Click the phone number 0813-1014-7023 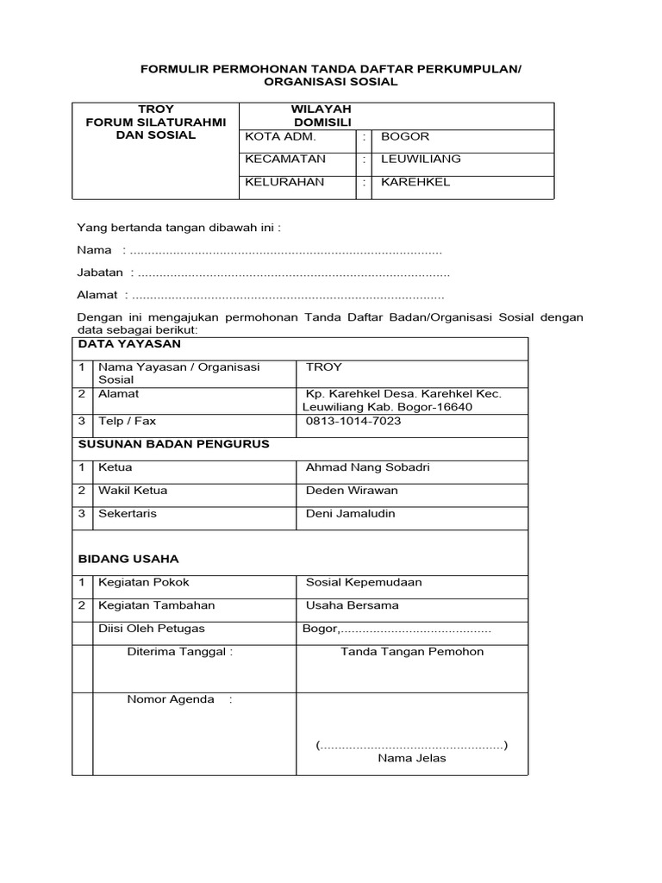pos(353,422)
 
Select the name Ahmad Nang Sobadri pos(367,467)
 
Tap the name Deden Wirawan pos(352,491)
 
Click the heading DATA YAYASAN pos(129,344)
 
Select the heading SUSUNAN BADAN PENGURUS pos(174,444)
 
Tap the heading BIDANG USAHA pos(128,559)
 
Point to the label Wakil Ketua pos(133,491)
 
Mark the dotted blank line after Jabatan pos(293,273)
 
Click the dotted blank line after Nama pos(284,251)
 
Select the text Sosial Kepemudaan pos(364,582)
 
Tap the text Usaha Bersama pos(352,605)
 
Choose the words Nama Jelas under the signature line pos(412,759)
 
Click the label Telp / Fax pos(127,422)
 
